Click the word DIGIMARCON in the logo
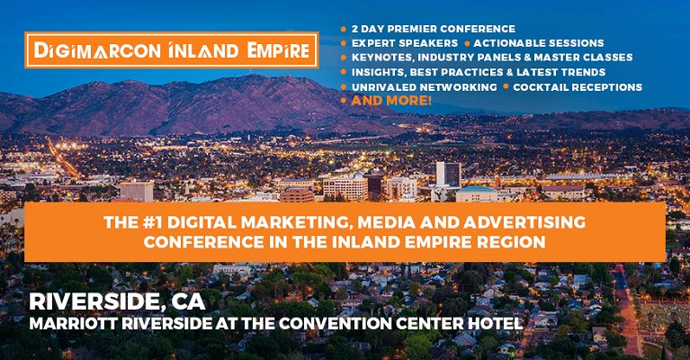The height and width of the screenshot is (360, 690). (x=98, y=50)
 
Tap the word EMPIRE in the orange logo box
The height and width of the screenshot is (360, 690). (x=278, y=50)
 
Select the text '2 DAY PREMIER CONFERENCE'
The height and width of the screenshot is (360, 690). (x=434, y=29)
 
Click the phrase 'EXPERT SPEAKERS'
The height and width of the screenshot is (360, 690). (x=405, y=43)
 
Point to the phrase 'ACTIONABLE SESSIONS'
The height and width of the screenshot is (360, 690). (x=539, y=43)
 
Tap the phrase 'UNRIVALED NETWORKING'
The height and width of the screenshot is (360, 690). (x=425, y=87)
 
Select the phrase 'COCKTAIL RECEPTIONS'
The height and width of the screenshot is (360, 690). (x=578, y=87)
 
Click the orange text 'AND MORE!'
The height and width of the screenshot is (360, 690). (x=391, y=100)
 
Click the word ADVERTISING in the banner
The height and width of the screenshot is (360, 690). (x=524, y=222)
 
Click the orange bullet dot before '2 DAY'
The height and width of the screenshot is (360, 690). (x=344, y=30)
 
